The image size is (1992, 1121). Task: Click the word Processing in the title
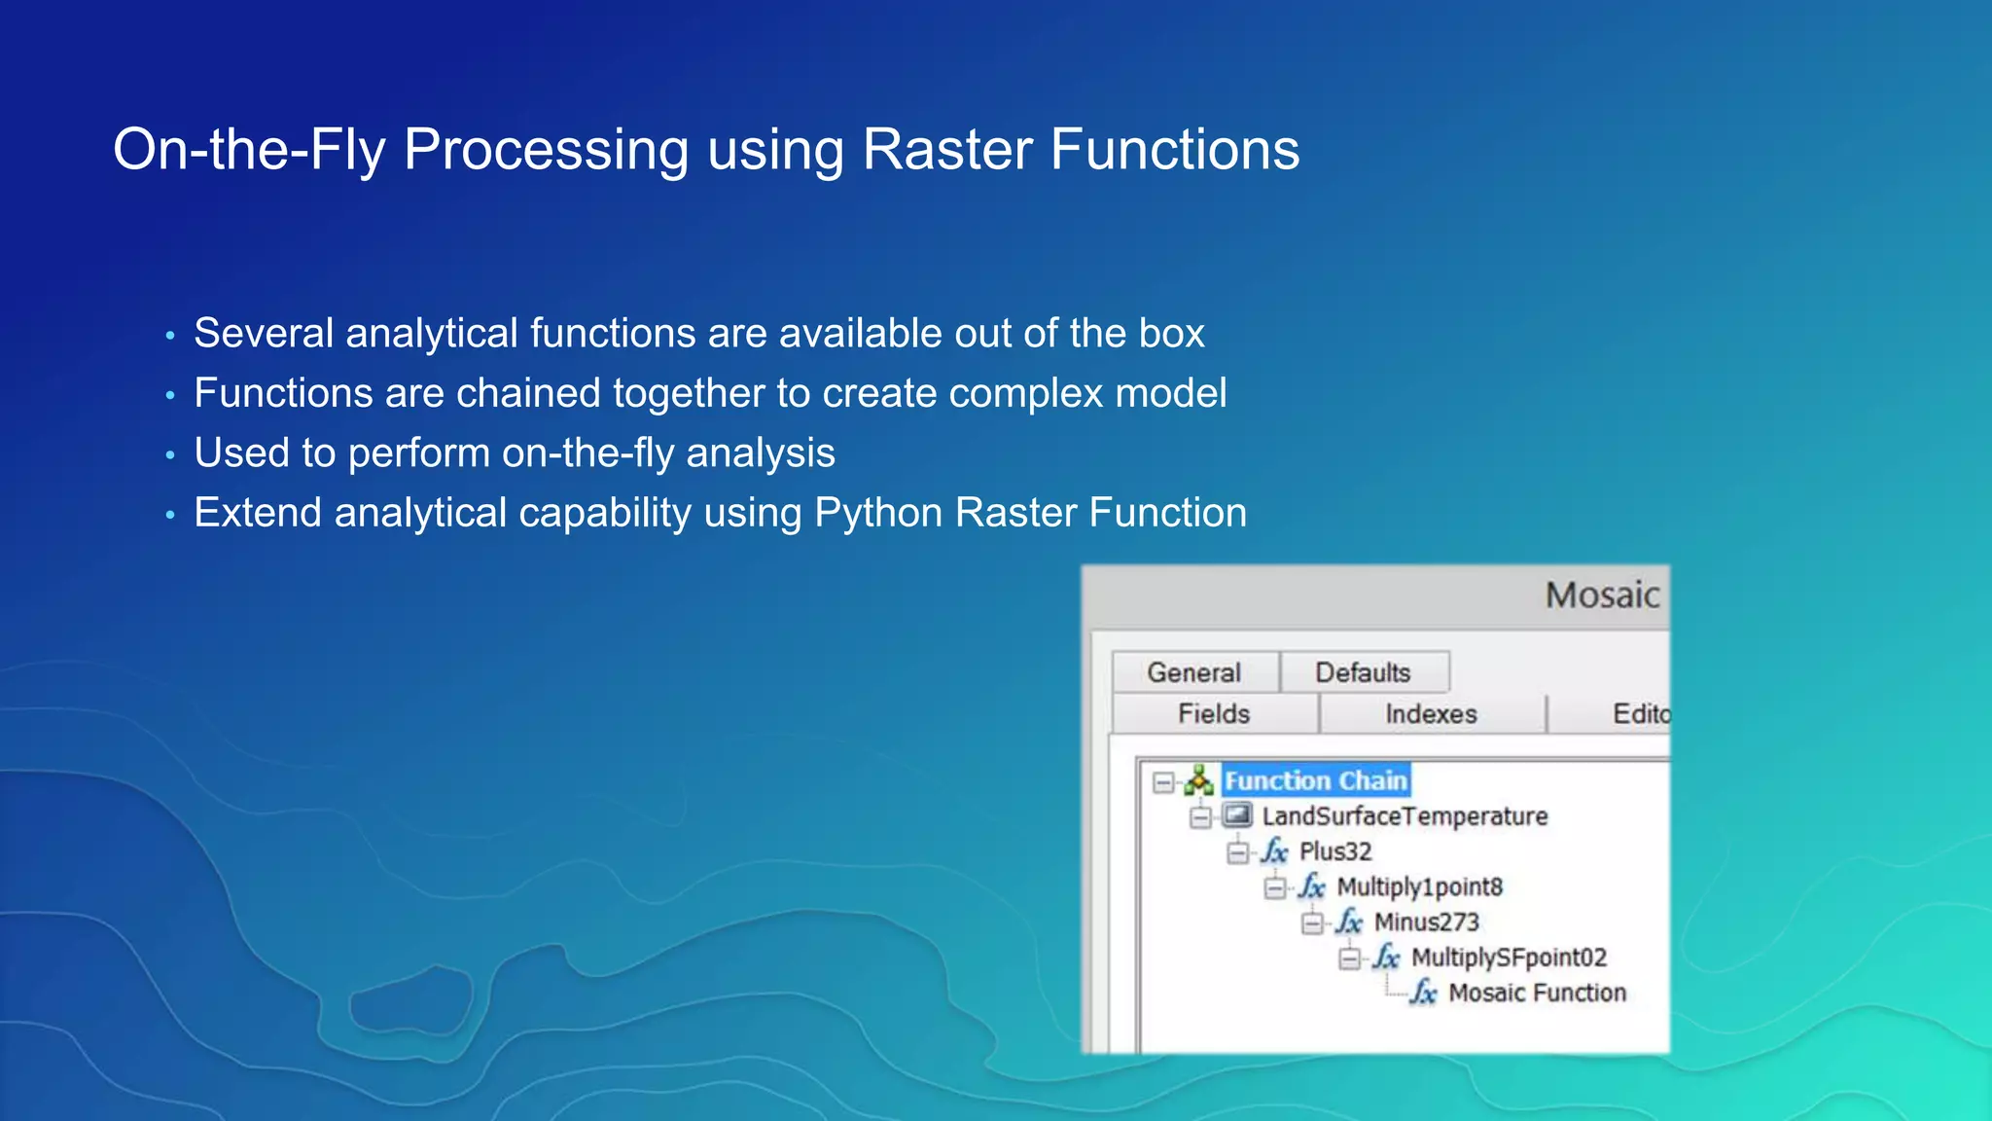click(x=545, y=152)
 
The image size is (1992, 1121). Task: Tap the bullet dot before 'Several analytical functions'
click(x=170, y=337)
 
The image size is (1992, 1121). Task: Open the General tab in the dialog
click(x=1193, y=672)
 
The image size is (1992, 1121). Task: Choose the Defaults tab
click(x=1362, y=672)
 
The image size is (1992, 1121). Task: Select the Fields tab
click(x=1213, y=713)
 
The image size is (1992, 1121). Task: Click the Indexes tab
click(x=1430, y=713)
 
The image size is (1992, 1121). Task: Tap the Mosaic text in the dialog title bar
click(x=1602, y=595)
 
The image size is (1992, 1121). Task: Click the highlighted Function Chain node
click(x=1315, y=780)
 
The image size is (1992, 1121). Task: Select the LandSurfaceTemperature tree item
click(x=1404, y=816)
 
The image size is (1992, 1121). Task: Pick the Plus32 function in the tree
click(x=1334, y=851)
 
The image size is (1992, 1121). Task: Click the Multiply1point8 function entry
click(x=1419, y=886)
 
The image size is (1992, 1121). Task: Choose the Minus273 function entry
click(x=1426, y=922)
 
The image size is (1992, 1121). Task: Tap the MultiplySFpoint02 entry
click(x=1508, y=958)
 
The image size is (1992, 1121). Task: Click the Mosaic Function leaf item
click(x=1537, y=993)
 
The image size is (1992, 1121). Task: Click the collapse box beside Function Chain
click(x=1163, y=781)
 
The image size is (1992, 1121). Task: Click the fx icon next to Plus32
click(x=1274, y=851)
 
